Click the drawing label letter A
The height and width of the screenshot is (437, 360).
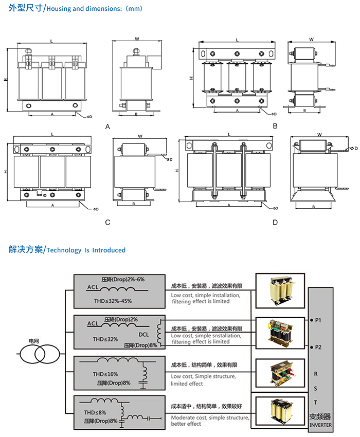(x=107, y=126)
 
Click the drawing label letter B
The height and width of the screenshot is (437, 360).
(x=275, y=126)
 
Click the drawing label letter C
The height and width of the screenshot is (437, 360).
(x=107, y=223)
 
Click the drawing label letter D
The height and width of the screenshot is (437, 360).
(x=275, y=223)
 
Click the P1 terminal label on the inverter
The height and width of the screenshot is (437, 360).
(x=318, y=320)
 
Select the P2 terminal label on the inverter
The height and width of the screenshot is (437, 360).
(x=318, y=347)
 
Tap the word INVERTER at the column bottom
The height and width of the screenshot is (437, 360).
(x=321, y=425)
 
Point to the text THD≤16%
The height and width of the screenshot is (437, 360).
(x=105, y=374)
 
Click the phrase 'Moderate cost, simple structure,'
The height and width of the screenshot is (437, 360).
(x=210, y=417)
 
